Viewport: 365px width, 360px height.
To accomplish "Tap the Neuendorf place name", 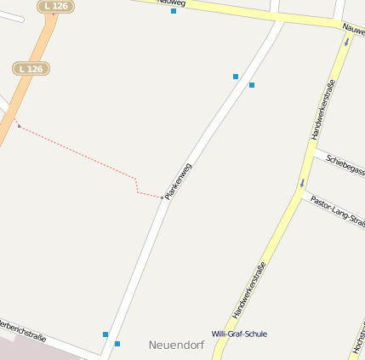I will point(175,345).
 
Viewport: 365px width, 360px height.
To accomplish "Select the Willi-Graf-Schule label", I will point(239,334).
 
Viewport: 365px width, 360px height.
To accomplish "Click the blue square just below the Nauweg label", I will point(174,11).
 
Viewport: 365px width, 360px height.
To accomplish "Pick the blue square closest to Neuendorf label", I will point(117,344).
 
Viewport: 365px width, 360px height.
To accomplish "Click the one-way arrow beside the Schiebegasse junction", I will point(301,183).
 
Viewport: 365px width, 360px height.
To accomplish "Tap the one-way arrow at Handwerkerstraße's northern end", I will point(346,41).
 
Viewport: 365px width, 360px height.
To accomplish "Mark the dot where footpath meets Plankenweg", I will point(162,197).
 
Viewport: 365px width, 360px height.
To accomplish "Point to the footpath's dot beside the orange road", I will point(19,126).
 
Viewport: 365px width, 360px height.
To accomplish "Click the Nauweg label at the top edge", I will point(170,3).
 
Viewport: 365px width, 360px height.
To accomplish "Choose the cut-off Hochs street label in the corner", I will point(357,340).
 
